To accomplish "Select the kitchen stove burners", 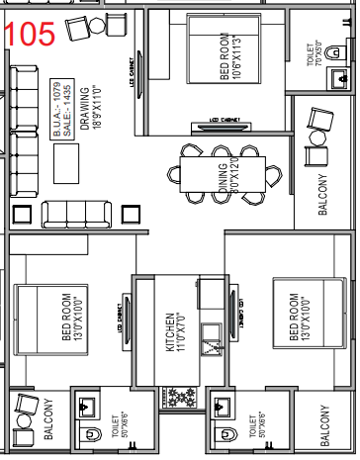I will [x=185, y=398].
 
